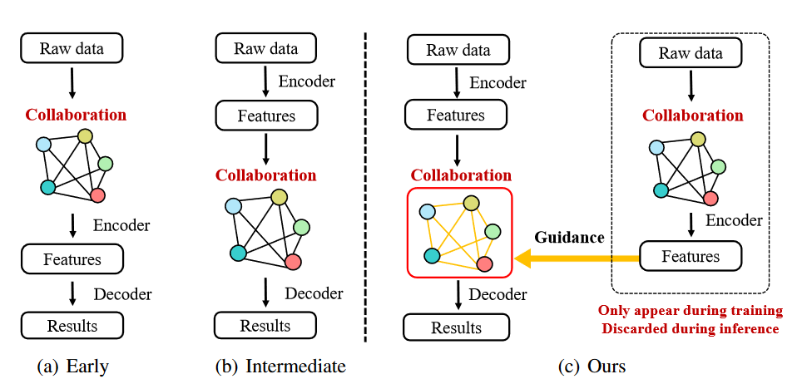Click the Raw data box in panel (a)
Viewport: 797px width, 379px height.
tap(72, 48)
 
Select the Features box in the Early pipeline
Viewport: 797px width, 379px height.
tap(72, 259)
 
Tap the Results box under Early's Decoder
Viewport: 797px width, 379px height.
tap(72, 325)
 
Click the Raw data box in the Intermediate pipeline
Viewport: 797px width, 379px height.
tap(265, 48)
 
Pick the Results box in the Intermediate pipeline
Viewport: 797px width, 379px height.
tap(265, 325)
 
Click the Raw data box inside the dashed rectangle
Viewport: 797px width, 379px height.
tap(691, 54)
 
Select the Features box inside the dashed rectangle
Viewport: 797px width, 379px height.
tap(691, 256)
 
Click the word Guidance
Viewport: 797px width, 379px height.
tap(569, 238)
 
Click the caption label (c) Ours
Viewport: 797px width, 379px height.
tap(592, 366)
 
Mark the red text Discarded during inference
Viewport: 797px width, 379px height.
tap(689, 328)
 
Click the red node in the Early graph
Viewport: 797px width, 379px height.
tap(97, 195)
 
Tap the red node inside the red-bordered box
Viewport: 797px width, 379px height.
tap(485, 264)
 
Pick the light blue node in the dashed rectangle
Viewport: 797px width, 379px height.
tap(654, 147)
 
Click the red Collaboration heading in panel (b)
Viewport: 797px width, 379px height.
tap(265, 175)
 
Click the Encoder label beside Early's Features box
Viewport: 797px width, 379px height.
tap(121, 225)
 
